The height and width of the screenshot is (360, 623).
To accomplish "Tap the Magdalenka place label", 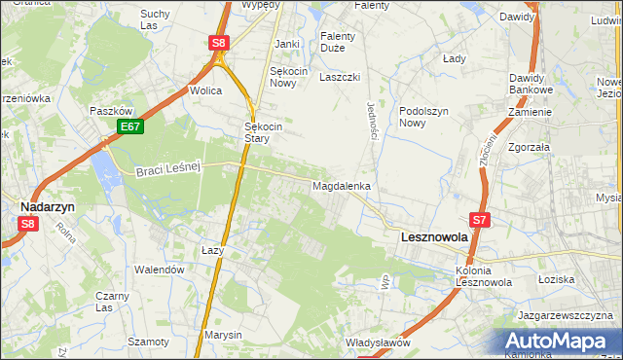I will (x=341, y=185).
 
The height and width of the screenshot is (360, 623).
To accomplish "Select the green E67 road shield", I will (x=130, y=126).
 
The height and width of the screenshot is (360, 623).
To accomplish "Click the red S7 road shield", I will (x=482, y=221).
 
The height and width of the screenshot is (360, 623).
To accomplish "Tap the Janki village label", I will (x=286, y=44).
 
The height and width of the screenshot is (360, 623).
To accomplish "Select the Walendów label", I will (x=160, y=270).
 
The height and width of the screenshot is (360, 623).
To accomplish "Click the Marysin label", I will (x=224, y=335).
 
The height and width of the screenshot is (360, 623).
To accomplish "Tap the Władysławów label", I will (x=378, y=342).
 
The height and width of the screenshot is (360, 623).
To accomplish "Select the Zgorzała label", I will (x=528, y=147).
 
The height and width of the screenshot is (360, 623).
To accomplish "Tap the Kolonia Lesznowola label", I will (x=484, y=276).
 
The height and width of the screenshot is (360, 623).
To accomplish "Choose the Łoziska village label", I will (x=556, y=279).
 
